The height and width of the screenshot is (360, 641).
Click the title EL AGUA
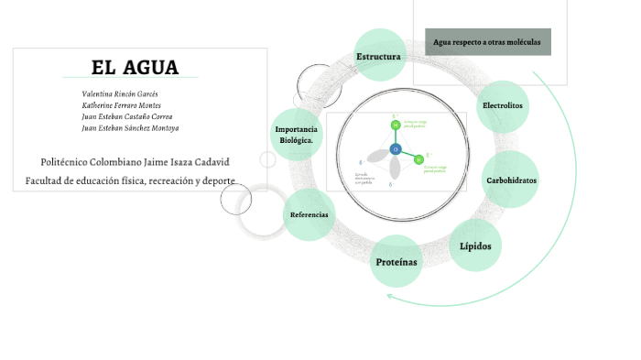point(135,68)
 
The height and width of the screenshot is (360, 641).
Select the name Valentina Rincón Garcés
point(120,93)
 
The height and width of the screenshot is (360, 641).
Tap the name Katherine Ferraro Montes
point(121,105)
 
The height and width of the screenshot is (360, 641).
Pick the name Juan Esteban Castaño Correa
point(126,116)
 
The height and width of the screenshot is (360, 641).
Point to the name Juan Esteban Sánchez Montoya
point(130,128)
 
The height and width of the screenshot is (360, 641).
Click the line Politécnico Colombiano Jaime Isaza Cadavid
point(135,162)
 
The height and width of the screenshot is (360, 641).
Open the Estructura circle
point(379,57)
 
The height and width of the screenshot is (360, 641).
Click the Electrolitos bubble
point(503,105)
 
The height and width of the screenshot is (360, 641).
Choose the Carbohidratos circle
point(510,180)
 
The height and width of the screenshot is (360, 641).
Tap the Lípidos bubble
point(475,246)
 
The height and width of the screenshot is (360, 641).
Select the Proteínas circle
point(396,263)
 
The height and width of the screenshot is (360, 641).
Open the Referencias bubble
point(309,215)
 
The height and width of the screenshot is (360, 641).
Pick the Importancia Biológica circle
point(296,135)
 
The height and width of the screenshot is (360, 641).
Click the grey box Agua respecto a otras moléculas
point(487,42)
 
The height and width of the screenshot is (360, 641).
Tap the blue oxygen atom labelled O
point(396,148)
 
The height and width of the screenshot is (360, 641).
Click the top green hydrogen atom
point(396,125)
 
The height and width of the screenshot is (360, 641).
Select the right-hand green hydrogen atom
point(418,158)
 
